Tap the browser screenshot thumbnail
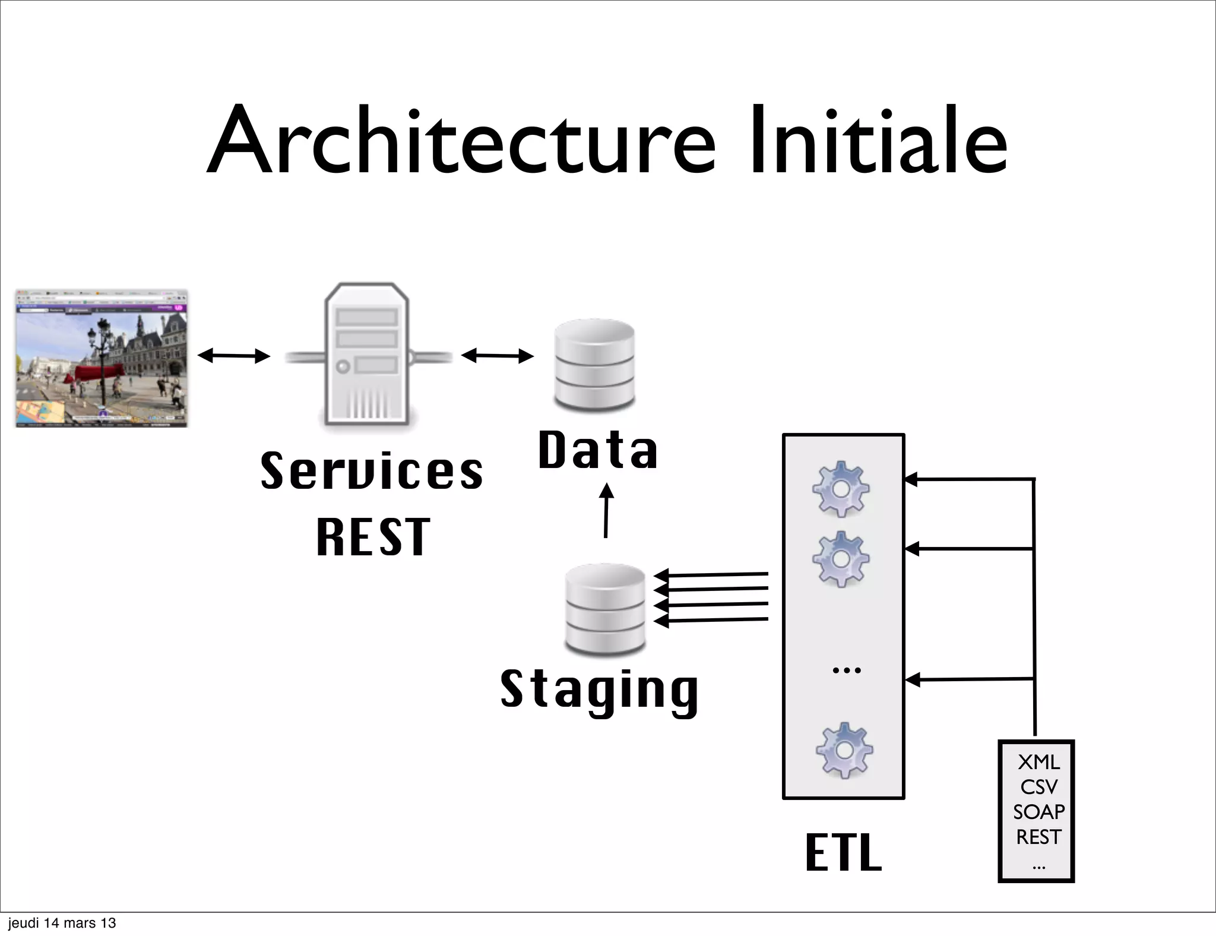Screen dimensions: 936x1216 tap(102, 358)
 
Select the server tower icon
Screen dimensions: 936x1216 tap(367, 354)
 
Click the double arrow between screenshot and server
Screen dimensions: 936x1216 tap(233, 356)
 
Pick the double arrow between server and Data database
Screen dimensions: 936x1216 tap(498, 356)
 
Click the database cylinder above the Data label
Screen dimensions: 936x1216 tap(594, 365)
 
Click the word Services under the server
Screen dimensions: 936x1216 tap(372, 471)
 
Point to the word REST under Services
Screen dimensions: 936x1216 tap(373, 537)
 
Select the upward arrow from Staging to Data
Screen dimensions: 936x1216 tap(606, 511)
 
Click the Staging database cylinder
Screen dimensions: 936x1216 tap(605, 609)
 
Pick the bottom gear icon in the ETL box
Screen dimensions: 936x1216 tap(844, 751)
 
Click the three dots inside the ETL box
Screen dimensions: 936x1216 tap(847, 671)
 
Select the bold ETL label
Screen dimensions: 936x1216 tap(843, 853)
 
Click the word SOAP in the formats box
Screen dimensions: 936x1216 tap(1038, 812)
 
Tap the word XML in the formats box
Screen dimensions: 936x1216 tap(1038, 762)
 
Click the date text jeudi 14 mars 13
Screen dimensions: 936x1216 tap(62, 923)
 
